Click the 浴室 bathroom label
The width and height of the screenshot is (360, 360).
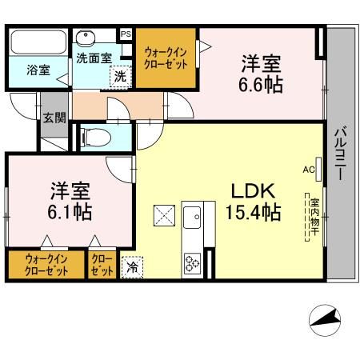click(38, 70)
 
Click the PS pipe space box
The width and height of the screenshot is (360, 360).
click(126, 34)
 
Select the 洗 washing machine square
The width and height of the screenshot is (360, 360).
click(119, 78)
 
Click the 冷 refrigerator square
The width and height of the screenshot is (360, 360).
click(130, 267)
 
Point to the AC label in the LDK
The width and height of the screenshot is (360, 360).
click(308, 170)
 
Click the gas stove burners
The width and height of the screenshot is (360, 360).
click(193, 262)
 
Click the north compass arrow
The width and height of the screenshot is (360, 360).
click(326, 320)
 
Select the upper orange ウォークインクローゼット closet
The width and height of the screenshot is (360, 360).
click(166, 59)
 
